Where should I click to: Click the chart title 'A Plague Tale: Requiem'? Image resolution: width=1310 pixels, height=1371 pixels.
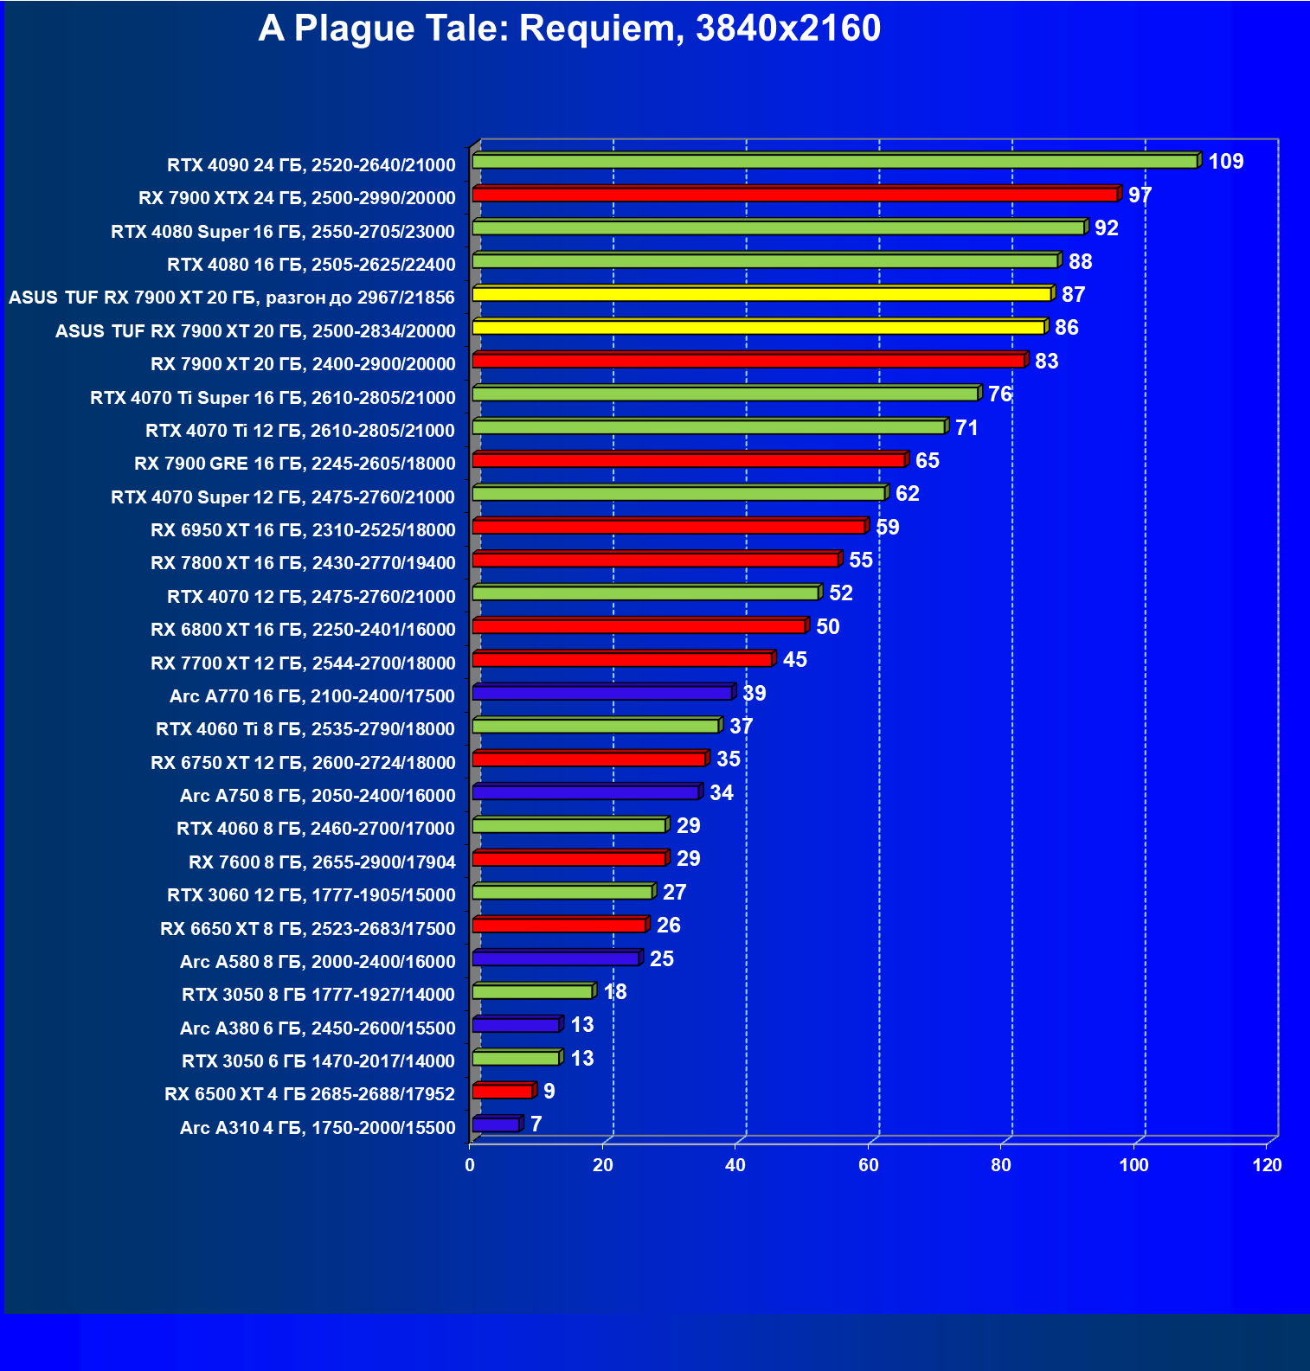(569, 29)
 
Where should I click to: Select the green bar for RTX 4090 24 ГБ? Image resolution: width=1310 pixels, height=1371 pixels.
(835, 162)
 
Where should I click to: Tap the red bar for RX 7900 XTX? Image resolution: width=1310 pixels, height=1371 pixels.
(796, 195)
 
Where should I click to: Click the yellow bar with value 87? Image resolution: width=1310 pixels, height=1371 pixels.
(761, 294)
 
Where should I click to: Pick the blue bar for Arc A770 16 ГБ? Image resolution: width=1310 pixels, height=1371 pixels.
(603, 693)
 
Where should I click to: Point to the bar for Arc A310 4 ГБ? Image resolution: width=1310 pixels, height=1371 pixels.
(497, 1124)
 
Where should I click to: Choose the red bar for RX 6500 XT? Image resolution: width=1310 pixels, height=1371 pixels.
(503, 1092)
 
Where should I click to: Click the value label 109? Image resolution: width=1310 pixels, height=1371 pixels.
(1225, 162)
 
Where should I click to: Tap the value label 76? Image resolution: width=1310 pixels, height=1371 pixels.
(999, 394)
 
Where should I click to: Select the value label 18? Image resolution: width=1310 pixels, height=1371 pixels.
(615, 992)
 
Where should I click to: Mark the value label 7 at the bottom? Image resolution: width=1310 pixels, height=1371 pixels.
(536, 1124)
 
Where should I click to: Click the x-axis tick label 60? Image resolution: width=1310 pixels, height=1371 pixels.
(869, 1165)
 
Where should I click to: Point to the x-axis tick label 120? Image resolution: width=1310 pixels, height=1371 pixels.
(1267, 1165)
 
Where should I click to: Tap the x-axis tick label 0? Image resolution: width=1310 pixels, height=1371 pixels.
(470, 1165)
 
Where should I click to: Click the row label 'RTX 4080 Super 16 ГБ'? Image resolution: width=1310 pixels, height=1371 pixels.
(283, 232)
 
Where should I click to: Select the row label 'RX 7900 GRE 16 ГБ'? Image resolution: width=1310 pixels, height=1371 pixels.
(295, 464)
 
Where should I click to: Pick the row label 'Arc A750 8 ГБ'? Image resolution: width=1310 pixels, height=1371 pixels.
(318, 796)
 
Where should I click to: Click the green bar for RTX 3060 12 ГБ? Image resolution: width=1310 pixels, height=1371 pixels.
(562, 892)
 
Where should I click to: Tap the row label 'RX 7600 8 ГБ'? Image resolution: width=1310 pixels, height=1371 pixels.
(322, 862)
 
